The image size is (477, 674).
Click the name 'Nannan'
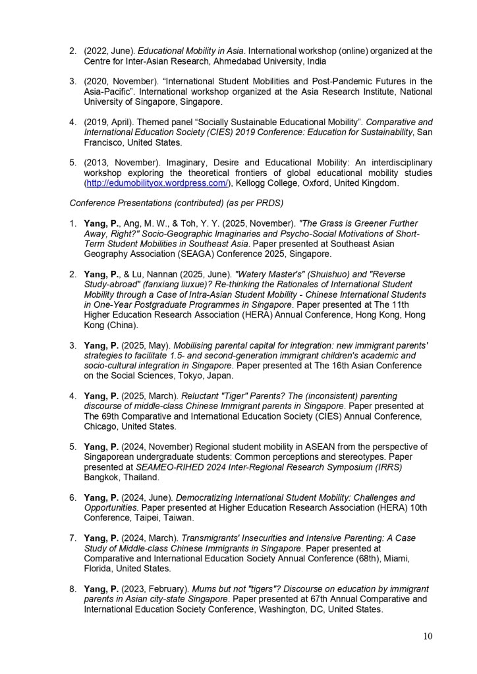pyautogui.click(x=152, y=274)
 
